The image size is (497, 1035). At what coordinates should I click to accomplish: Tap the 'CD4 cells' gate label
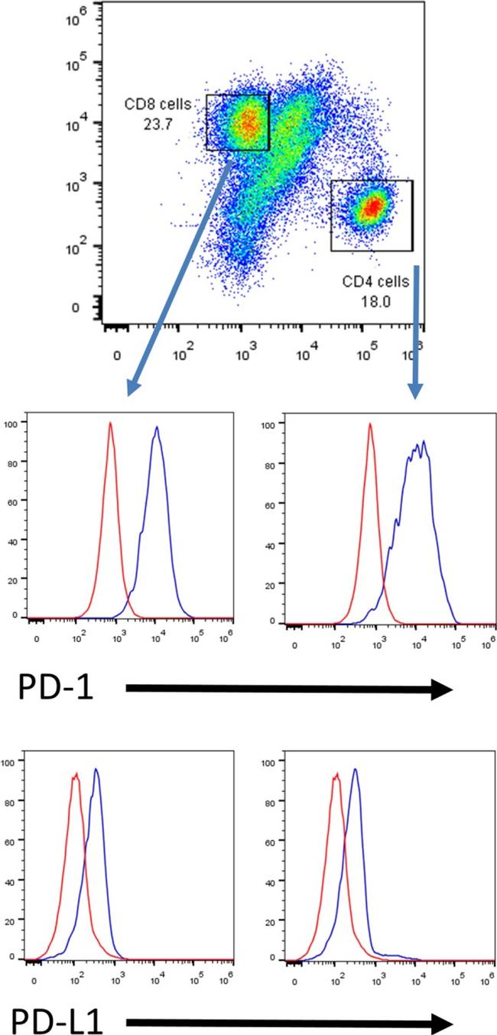pos(375,281)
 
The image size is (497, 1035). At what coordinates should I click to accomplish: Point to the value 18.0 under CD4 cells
pos(376,301)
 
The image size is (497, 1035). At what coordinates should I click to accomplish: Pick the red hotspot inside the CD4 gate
pos(372,206)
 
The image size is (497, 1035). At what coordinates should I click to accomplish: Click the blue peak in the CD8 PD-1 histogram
pos(157,429)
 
